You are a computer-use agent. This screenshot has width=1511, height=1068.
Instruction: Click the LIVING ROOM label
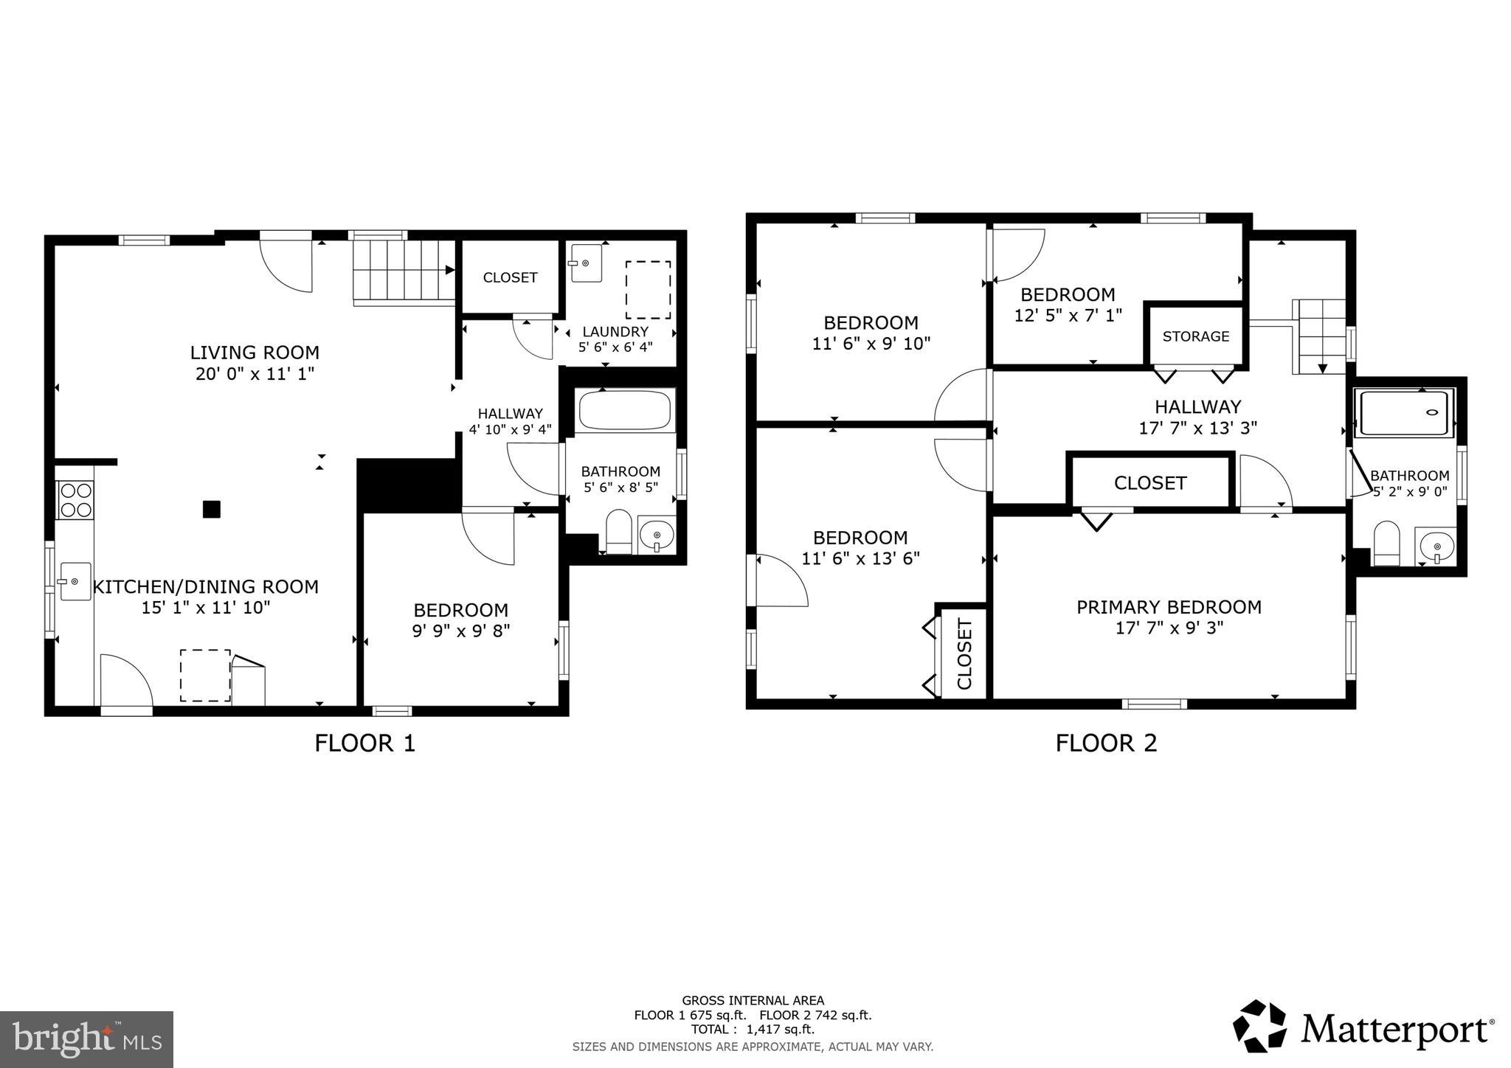click(255, 353)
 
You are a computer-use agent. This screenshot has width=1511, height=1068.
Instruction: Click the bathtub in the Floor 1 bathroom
click(626, 411)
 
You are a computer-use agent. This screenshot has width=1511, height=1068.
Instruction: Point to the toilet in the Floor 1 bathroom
click(618, 531)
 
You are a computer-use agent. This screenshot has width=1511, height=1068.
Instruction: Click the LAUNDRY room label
click(615, 332)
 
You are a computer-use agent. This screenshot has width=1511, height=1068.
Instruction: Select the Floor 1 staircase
click(403, 271)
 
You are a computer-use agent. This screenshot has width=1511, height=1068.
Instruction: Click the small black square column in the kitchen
click(212, 509)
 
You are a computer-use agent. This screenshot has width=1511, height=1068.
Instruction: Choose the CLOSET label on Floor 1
click(510, 277)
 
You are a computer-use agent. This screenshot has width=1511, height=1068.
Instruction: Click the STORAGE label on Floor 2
click(1196, 336)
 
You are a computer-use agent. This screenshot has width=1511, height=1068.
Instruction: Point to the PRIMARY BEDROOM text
click(1169, 607)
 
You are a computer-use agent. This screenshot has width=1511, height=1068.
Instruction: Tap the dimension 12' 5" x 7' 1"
click(1068, 315)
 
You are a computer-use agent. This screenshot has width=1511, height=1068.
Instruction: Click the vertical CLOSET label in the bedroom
click(964, 653)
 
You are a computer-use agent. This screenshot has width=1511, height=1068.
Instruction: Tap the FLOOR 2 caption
click(1105, 743)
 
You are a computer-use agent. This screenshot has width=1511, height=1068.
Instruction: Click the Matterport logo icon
click(1259, 1026)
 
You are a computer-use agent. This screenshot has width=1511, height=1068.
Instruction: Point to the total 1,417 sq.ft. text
click(753, 1030)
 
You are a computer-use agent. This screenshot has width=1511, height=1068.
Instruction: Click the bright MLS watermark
click(86, 1039)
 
